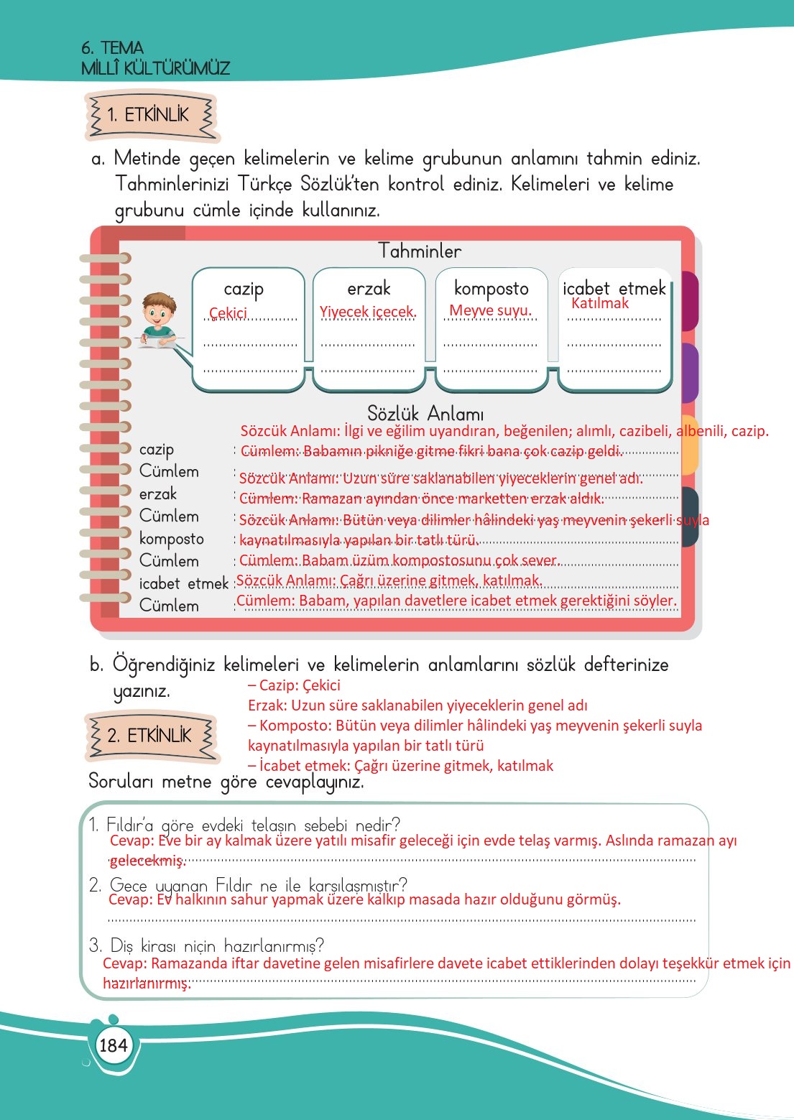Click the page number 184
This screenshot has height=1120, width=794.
point(113,1045)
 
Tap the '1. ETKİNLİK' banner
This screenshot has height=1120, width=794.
point(149,115)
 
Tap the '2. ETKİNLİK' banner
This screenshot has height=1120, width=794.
point(150,736)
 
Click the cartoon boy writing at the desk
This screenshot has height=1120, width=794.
point(158,320)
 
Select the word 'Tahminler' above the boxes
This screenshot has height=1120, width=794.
point(420,251)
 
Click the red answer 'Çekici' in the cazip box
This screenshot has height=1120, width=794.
point(228,313)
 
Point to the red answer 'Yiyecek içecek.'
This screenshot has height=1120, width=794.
point(368,312)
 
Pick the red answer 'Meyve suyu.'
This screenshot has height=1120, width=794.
point(490,310)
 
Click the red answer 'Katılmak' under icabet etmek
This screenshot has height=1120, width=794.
point(599,303)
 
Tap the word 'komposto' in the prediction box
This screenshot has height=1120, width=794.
point(491,289)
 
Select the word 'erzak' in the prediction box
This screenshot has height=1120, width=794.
point(369,289)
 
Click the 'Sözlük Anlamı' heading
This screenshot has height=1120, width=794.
point(425,414)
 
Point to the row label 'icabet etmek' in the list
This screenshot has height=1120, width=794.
point(183,583)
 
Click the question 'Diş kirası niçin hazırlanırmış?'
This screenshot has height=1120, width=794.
point(206,945)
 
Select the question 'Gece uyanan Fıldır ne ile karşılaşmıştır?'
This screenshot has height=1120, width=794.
point(248,884)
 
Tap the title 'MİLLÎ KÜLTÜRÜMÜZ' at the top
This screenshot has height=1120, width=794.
point(155,68)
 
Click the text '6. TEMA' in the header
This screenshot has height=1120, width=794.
point(112,48)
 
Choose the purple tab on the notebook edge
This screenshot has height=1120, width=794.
point(689,372)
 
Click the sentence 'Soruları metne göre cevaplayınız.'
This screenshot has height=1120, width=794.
point(226,781)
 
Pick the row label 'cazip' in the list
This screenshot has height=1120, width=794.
point(157,450)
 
